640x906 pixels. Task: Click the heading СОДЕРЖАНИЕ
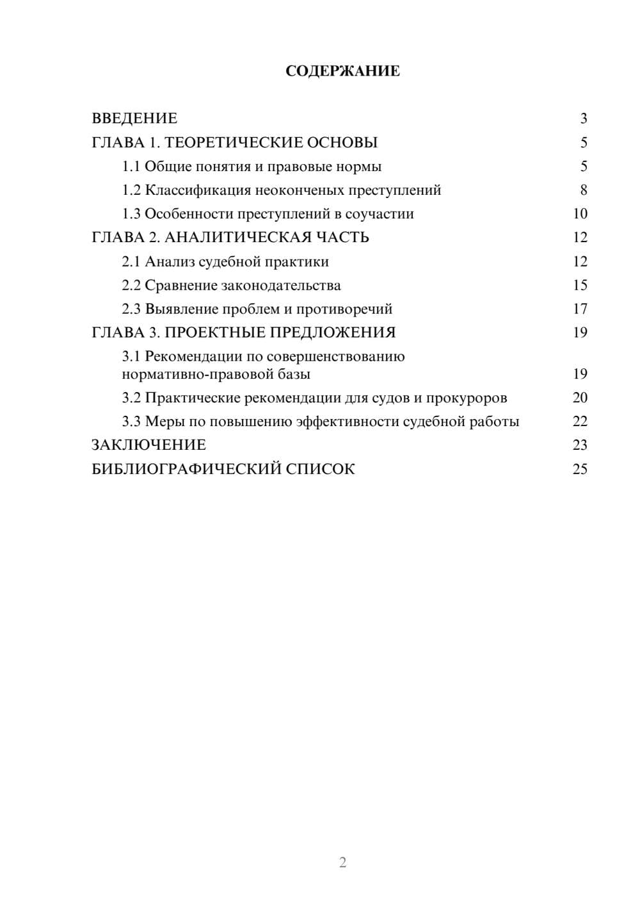pyautogui.click(x=342, y=71)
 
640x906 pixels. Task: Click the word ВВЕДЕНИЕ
pyautogui.click(x=134, y=119)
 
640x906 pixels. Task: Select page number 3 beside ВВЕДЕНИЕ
pyautogui.click(x=584, y=119)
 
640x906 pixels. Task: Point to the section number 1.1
pyautogui.click(x=131, y=167)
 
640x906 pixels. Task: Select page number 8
pyautogui.click(x=584, y=190)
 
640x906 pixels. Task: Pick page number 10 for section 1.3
pyautogui.click(x=580, y=214)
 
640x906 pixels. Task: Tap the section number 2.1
pyautogui.click(x=131, y=261)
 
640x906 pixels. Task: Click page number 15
pyautogui.click(x=580, y=285)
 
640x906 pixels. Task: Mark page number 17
pyautogui.click(x=580, y=309)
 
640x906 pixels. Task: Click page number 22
pyautogui.click(x=580, y=422)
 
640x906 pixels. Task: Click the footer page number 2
pyautogui.click(x=342, y=862)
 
